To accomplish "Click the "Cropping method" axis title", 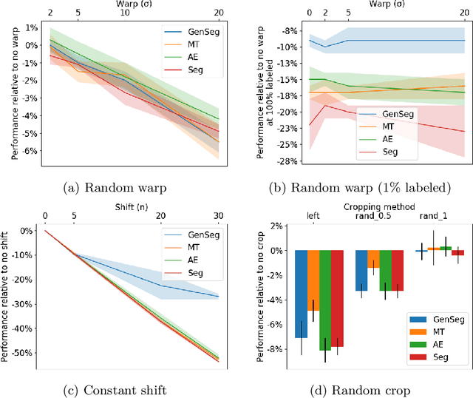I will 377,206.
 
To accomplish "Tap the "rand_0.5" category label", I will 377,216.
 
